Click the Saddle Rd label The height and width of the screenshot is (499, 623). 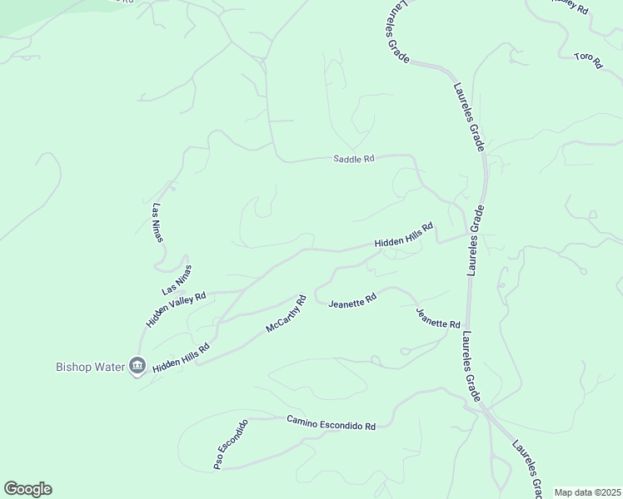click(354, 158)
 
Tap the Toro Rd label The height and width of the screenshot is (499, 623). click(587, 61)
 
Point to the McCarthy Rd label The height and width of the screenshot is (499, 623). click(287, 314)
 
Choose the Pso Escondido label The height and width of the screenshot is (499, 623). click(231, 445)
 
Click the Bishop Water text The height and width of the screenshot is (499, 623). click(89, 366)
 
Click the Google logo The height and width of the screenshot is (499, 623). click(27, 489)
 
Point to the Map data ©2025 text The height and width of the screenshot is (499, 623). click(587, 492)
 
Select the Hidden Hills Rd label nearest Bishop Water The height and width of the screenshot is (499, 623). click(181, 357)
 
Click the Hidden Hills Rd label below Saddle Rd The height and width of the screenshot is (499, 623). click(404, 235)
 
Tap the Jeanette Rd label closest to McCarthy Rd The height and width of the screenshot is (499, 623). click(352, 300)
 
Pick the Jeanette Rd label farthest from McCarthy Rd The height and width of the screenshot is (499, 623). click(438, 317)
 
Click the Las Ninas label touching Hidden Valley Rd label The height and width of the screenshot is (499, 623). click(177, 279)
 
